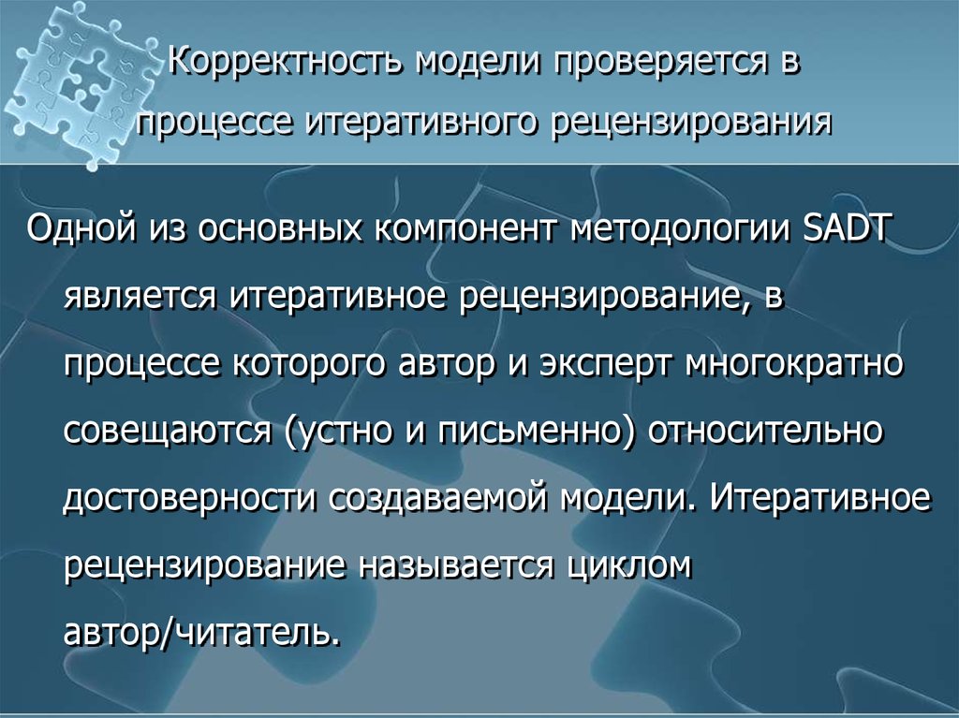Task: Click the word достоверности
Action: (188, 498)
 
